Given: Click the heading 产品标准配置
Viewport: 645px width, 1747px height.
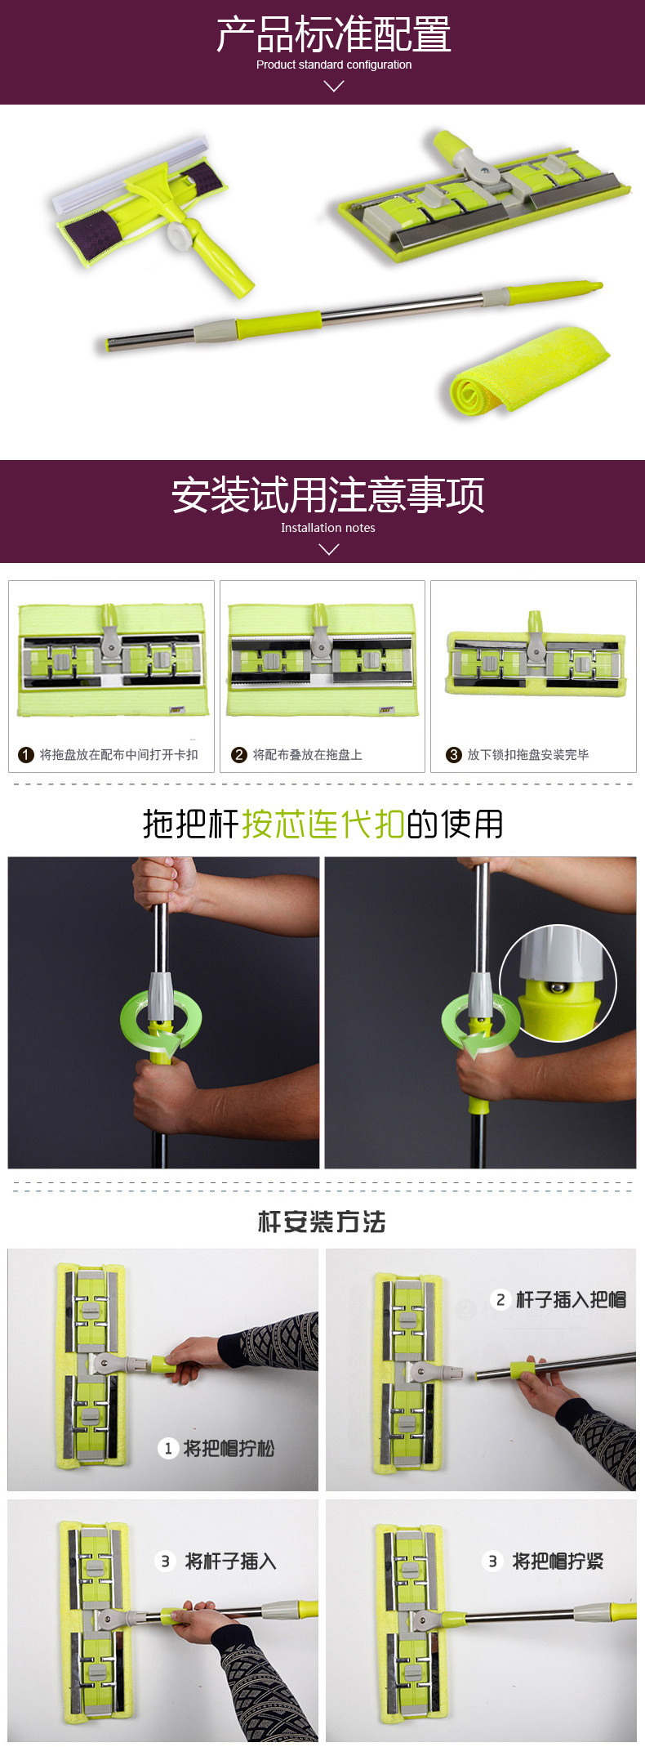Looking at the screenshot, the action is (x=333, y=34).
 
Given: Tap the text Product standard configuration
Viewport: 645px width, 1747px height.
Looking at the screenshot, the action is (x=334, y=65).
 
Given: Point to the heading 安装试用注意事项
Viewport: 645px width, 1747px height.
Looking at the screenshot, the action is (x=328, y=495).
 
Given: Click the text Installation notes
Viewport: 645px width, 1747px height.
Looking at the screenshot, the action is (x=328, y=528).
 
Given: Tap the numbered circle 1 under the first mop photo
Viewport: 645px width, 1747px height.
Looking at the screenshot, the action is (x=26, y=754).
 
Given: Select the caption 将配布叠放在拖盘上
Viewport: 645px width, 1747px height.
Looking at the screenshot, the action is (x=307, y=754).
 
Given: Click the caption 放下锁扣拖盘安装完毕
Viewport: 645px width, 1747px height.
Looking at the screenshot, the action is (x=527, y=754).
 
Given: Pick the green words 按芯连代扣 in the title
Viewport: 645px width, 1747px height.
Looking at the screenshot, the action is (x=323, y=824).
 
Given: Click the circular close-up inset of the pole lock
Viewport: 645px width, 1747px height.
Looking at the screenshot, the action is (x=558, y=983).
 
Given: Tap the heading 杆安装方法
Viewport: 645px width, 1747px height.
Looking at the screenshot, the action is (x=322, y=1222).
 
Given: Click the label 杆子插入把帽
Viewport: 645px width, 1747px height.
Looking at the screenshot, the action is (x=571, y=1299).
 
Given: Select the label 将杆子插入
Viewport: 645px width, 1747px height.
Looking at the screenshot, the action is (x=231, y=1561).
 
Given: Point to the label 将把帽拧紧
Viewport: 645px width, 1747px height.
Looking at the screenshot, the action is (x=558, y=1561).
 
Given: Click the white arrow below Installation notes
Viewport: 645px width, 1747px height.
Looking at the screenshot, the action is (x=328, y=549).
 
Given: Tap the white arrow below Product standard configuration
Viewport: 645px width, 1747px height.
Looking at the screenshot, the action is (x=334, y=86).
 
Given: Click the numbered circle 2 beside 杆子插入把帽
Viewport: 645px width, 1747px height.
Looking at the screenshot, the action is (x=500, y=1299).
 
